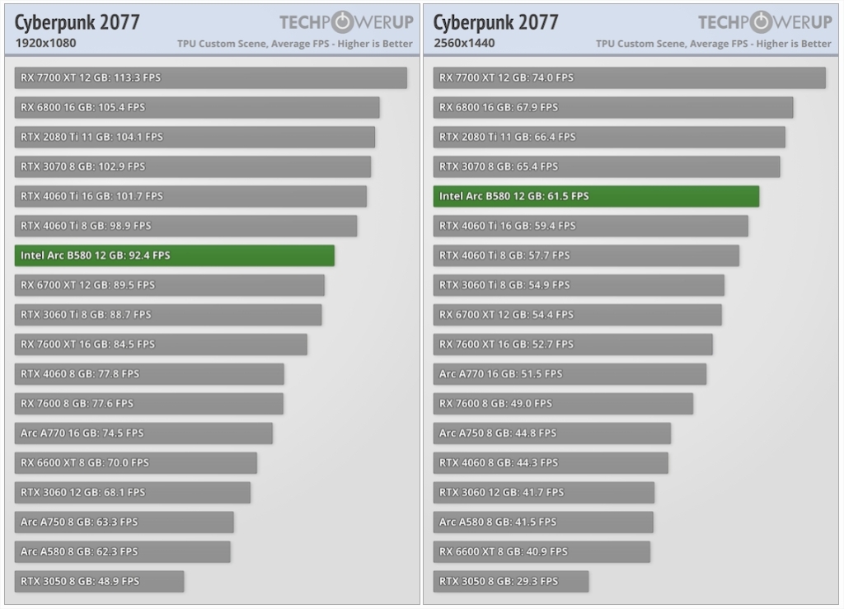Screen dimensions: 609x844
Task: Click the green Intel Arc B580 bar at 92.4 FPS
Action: click(175, 255)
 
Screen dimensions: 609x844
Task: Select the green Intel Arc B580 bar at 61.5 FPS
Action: click(596, 196)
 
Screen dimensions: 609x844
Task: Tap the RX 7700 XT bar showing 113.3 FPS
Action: click(211, 77)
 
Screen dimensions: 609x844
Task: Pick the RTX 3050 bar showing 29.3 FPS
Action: click(511, 581)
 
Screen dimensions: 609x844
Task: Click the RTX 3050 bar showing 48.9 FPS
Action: click(99, 581)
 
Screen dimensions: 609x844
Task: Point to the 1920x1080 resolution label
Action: click(45, 43)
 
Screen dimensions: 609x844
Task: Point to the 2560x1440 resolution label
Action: click(464, 43)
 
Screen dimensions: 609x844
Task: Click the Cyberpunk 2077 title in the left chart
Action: click(77, 22)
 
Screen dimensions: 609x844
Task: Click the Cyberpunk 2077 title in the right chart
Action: click(496, 22)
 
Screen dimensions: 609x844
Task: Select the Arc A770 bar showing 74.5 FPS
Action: click(143, 433)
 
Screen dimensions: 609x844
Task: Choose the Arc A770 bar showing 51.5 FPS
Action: click(570, 373)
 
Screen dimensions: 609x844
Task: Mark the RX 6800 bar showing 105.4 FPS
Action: click(197, 107)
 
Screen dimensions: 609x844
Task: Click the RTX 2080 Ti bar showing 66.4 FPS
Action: click(609, 137)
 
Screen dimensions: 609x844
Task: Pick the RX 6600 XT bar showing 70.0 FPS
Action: click(136, 462)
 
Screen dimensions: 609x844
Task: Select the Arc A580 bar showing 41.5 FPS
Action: click(543, 522)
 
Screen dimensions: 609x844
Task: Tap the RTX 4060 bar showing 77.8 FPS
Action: click(149, 373)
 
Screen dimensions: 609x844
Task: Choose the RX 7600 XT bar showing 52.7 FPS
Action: click(573, 344)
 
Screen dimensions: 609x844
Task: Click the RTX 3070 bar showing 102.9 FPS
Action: click(193, 166)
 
